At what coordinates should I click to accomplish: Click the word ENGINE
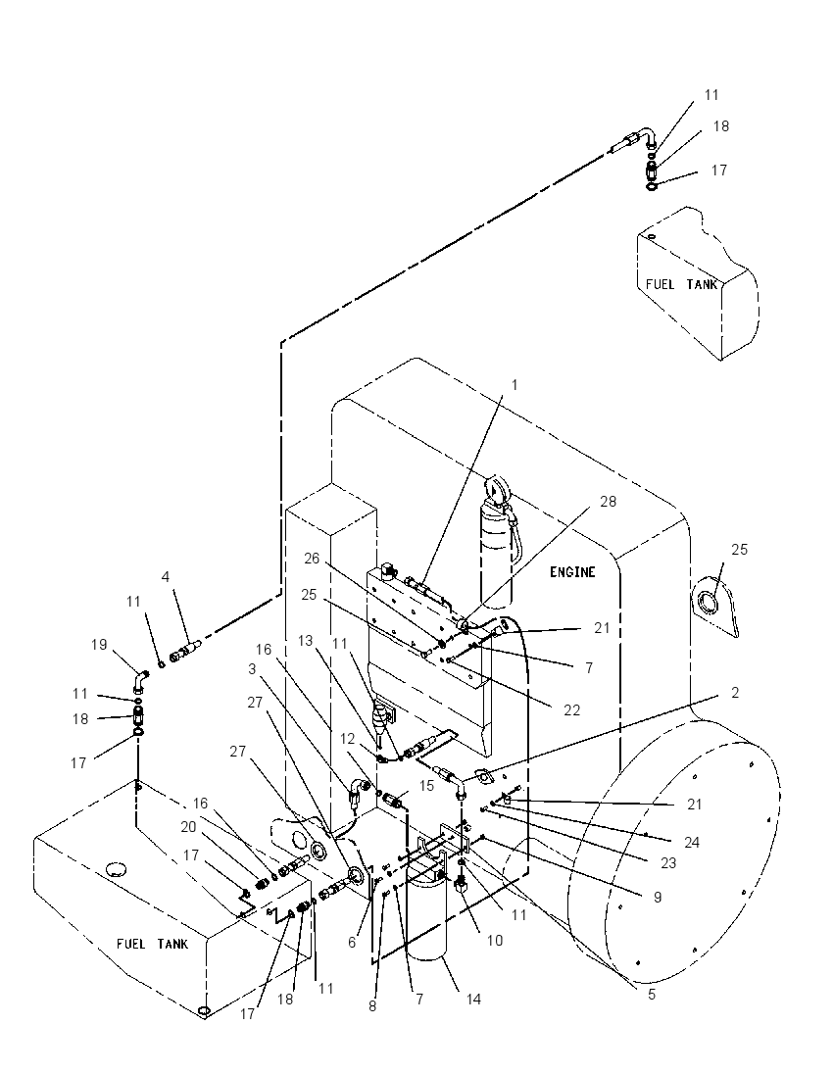(x=572, y=572)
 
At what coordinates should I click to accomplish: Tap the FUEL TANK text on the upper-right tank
(x=682, y=284)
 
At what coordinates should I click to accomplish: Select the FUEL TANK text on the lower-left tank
(x=152, y=944)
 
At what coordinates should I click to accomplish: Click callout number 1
(x=514, y=385)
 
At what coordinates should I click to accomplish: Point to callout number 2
(x=735, y=693)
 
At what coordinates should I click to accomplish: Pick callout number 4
(x=165, y=577)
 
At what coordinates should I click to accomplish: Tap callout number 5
(x=652, y=994)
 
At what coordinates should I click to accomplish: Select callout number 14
(x=473, y=1000)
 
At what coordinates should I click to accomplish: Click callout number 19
(x=99, y=645)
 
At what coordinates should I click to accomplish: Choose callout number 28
(x=608, y=502)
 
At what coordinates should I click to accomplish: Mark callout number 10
(x=495, y=941)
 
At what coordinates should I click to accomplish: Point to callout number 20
(x=188, y=827)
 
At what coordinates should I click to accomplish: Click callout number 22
(x=572, y=710)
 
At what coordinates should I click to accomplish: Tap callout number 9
(x=658, y=897)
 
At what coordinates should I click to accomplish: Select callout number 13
(x=305, y=641)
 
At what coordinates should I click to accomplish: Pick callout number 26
(x=312, y=559)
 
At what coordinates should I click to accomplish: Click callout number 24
(x=692, y=842)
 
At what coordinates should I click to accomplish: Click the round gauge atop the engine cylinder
(x=495, y=490)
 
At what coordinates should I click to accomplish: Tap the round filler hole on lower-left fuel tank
(x=118, y=870)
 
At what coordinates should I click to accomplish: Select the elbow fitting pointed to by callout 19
(x=140, y=681)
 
